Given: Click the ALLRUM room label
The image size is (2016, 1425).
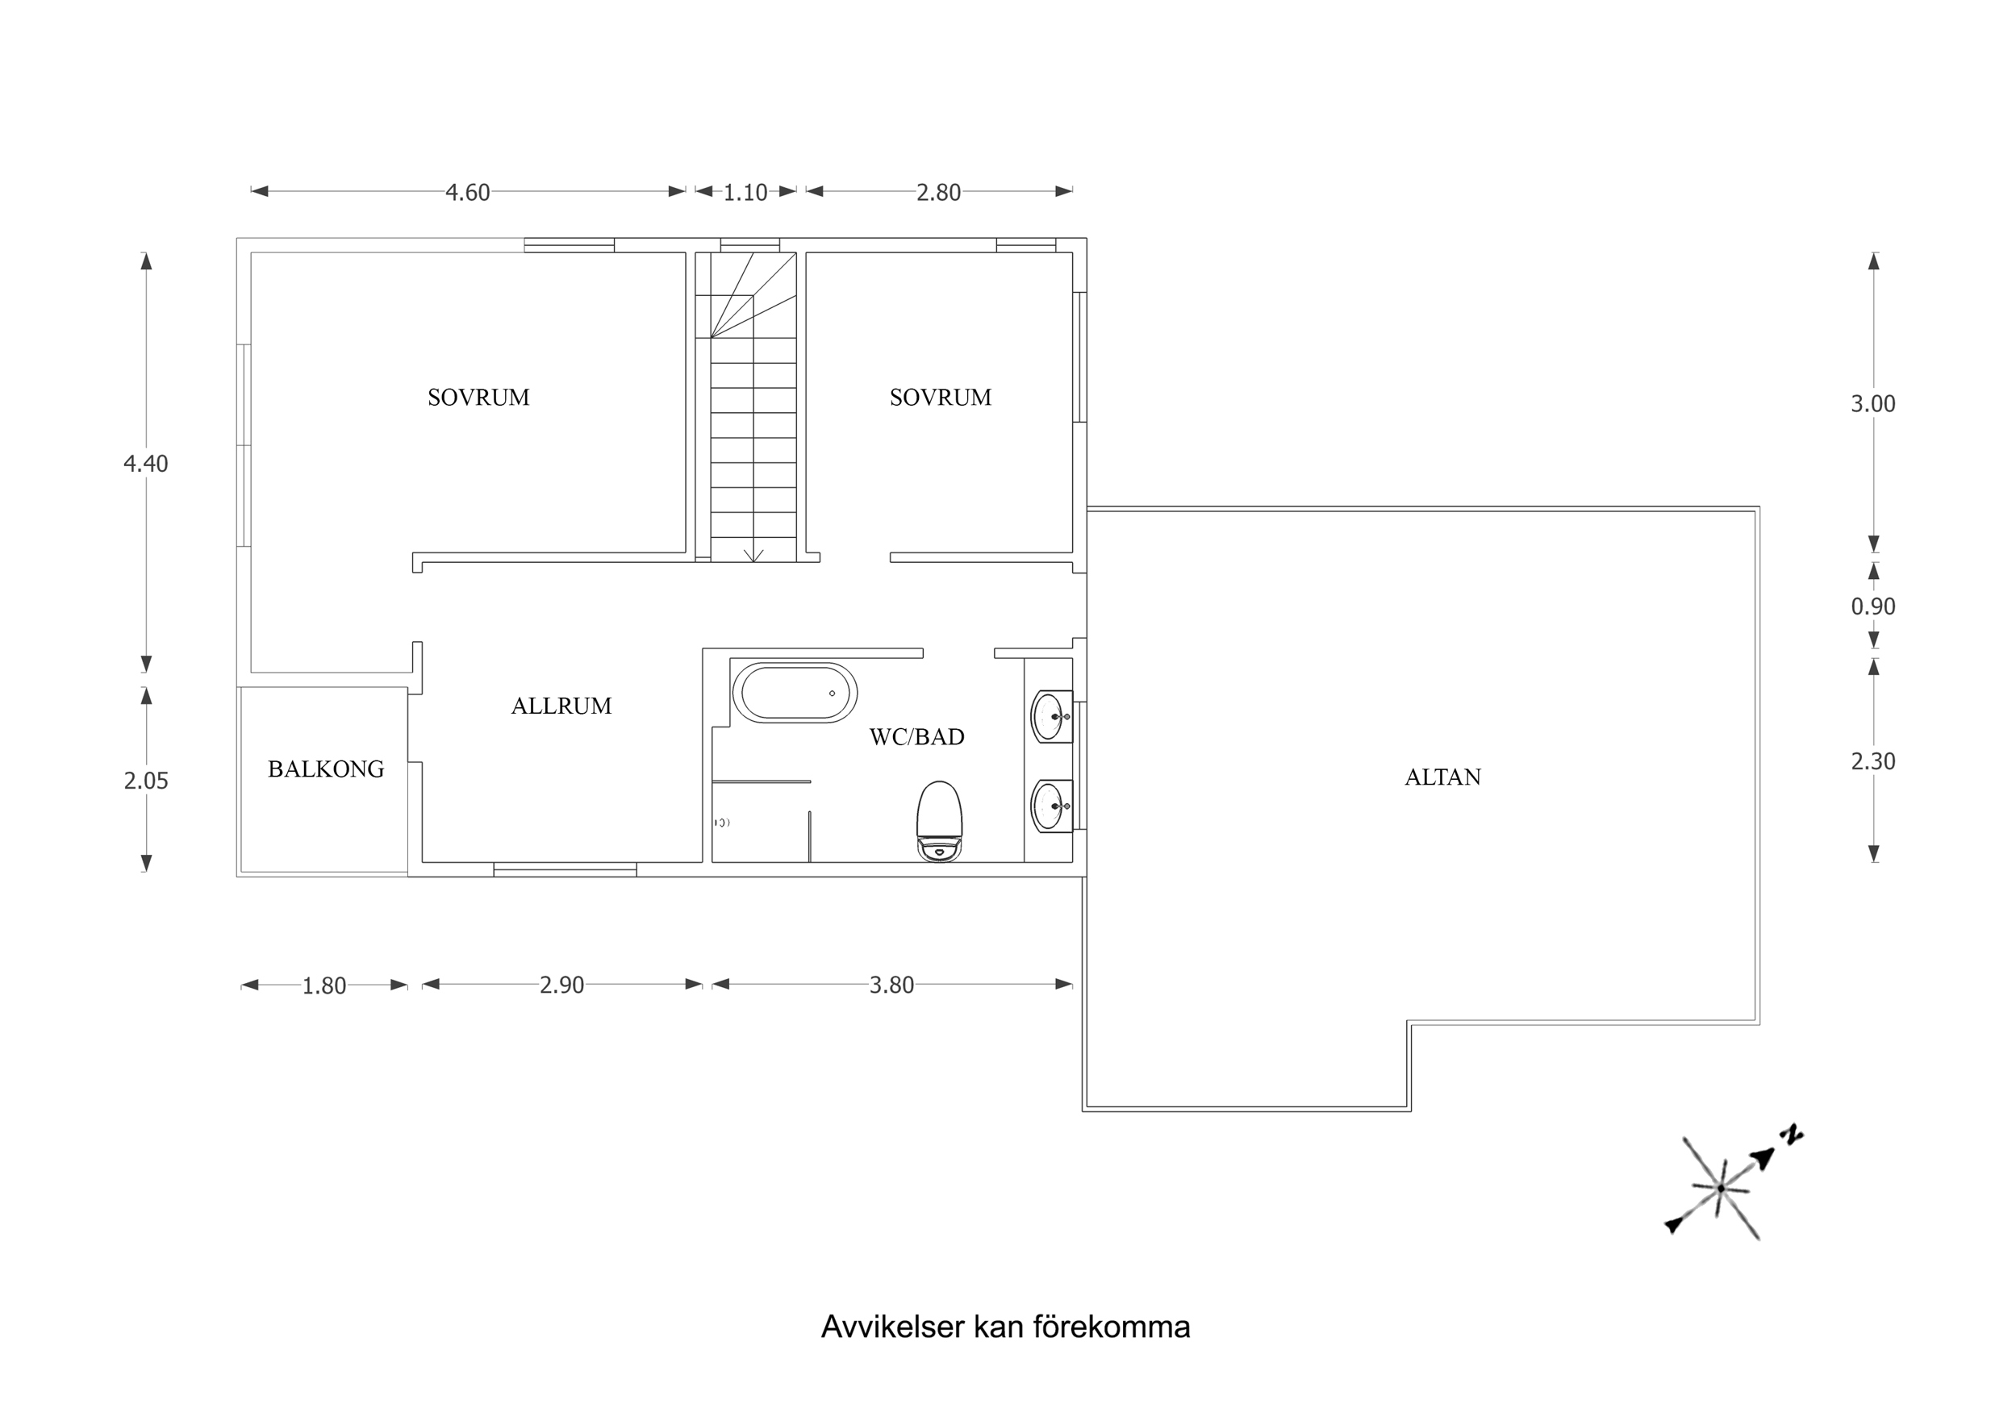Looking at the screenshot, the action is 561,706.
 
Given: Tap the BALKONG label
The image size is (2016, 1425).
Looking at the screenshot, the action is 326,769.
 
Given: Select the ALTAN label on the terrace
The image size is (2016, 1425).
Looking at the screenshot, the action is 1442,777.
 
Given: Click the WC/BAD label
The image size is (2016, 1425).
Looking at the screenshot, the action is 916,736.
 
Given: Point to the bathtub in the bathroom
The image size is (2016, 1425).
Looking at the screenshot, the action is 795,693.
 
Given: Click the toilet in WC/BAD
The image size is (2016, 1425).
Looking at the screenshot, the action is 940,822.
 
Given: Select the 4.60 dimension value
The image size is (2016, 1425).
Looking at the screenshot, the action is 467,192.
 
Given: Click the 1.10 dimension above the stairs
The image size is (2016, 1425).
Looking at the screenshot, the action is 745,192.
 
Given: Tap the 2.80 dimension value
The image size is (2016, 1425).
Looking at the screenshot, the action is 939,192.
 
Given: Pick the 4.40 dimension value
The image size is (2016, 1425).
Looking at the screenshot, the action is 146,464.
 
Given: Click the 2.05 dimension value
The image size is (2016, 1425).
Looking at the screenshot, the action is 146,781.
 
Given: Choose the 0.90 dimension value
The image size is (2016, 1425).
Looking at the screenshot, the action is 1873,606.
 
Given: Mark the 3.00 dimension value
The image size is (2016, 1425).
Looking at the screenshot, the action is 1873,404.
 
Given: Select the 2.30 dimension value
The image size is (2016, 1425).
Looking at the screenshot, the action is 1873,761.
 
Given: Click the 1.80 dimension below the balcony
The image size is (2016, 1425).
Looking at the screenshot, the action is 324,986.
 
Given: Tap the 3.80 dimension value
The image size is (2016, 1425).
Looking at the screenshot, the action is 891,985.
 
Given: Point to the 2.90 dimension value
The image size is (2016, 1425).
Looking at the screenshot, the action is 562,985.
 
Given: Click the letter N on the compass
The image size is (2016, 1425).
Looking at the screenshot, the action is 1791,1135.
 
